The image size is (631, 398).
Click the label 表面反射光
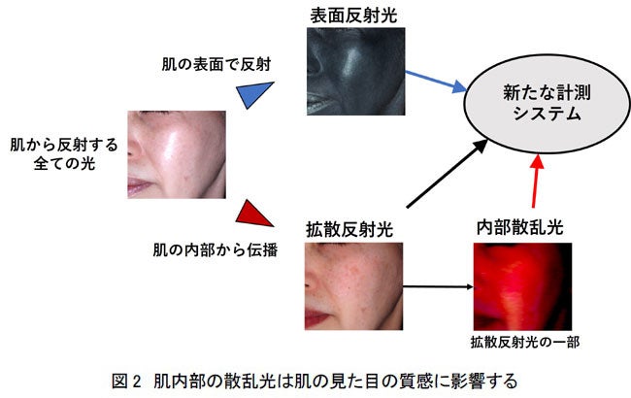tap(353, 14)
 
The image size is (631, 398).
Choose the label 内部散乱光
tap(520, 228)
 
